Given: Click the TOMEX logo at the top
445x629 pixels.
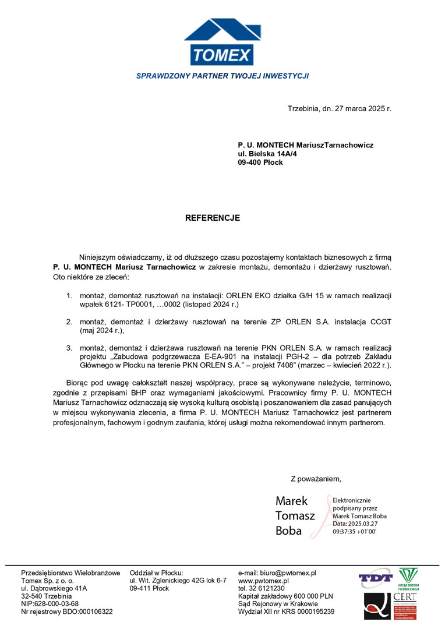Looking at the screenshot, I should coord(222,42).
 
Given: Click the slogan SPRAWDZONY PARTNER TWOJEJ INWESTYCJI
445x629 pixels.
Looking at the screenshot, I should coord(222,76).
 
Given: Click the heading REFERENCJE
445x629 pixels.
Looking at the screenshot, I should coord(212,218).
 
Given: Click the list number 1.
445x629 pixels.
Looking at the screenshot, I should coord(68,296).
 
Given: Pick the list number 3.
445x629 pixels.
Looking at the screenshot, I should coord(68,348).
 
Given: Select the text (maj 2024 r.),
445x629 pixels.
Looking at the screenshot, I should coord(103,330).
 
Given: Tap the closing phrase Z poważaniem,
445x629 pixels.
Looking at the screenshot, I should coord(316,479).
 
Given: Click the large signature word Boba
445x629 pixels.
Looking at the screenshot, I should coord(289,531).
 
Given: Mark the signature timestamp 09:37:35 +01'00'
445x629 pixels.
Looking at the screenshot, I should coord(354,532).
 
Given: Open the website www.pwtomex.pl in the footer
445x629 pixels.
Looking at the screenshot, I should coord(264,581).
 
